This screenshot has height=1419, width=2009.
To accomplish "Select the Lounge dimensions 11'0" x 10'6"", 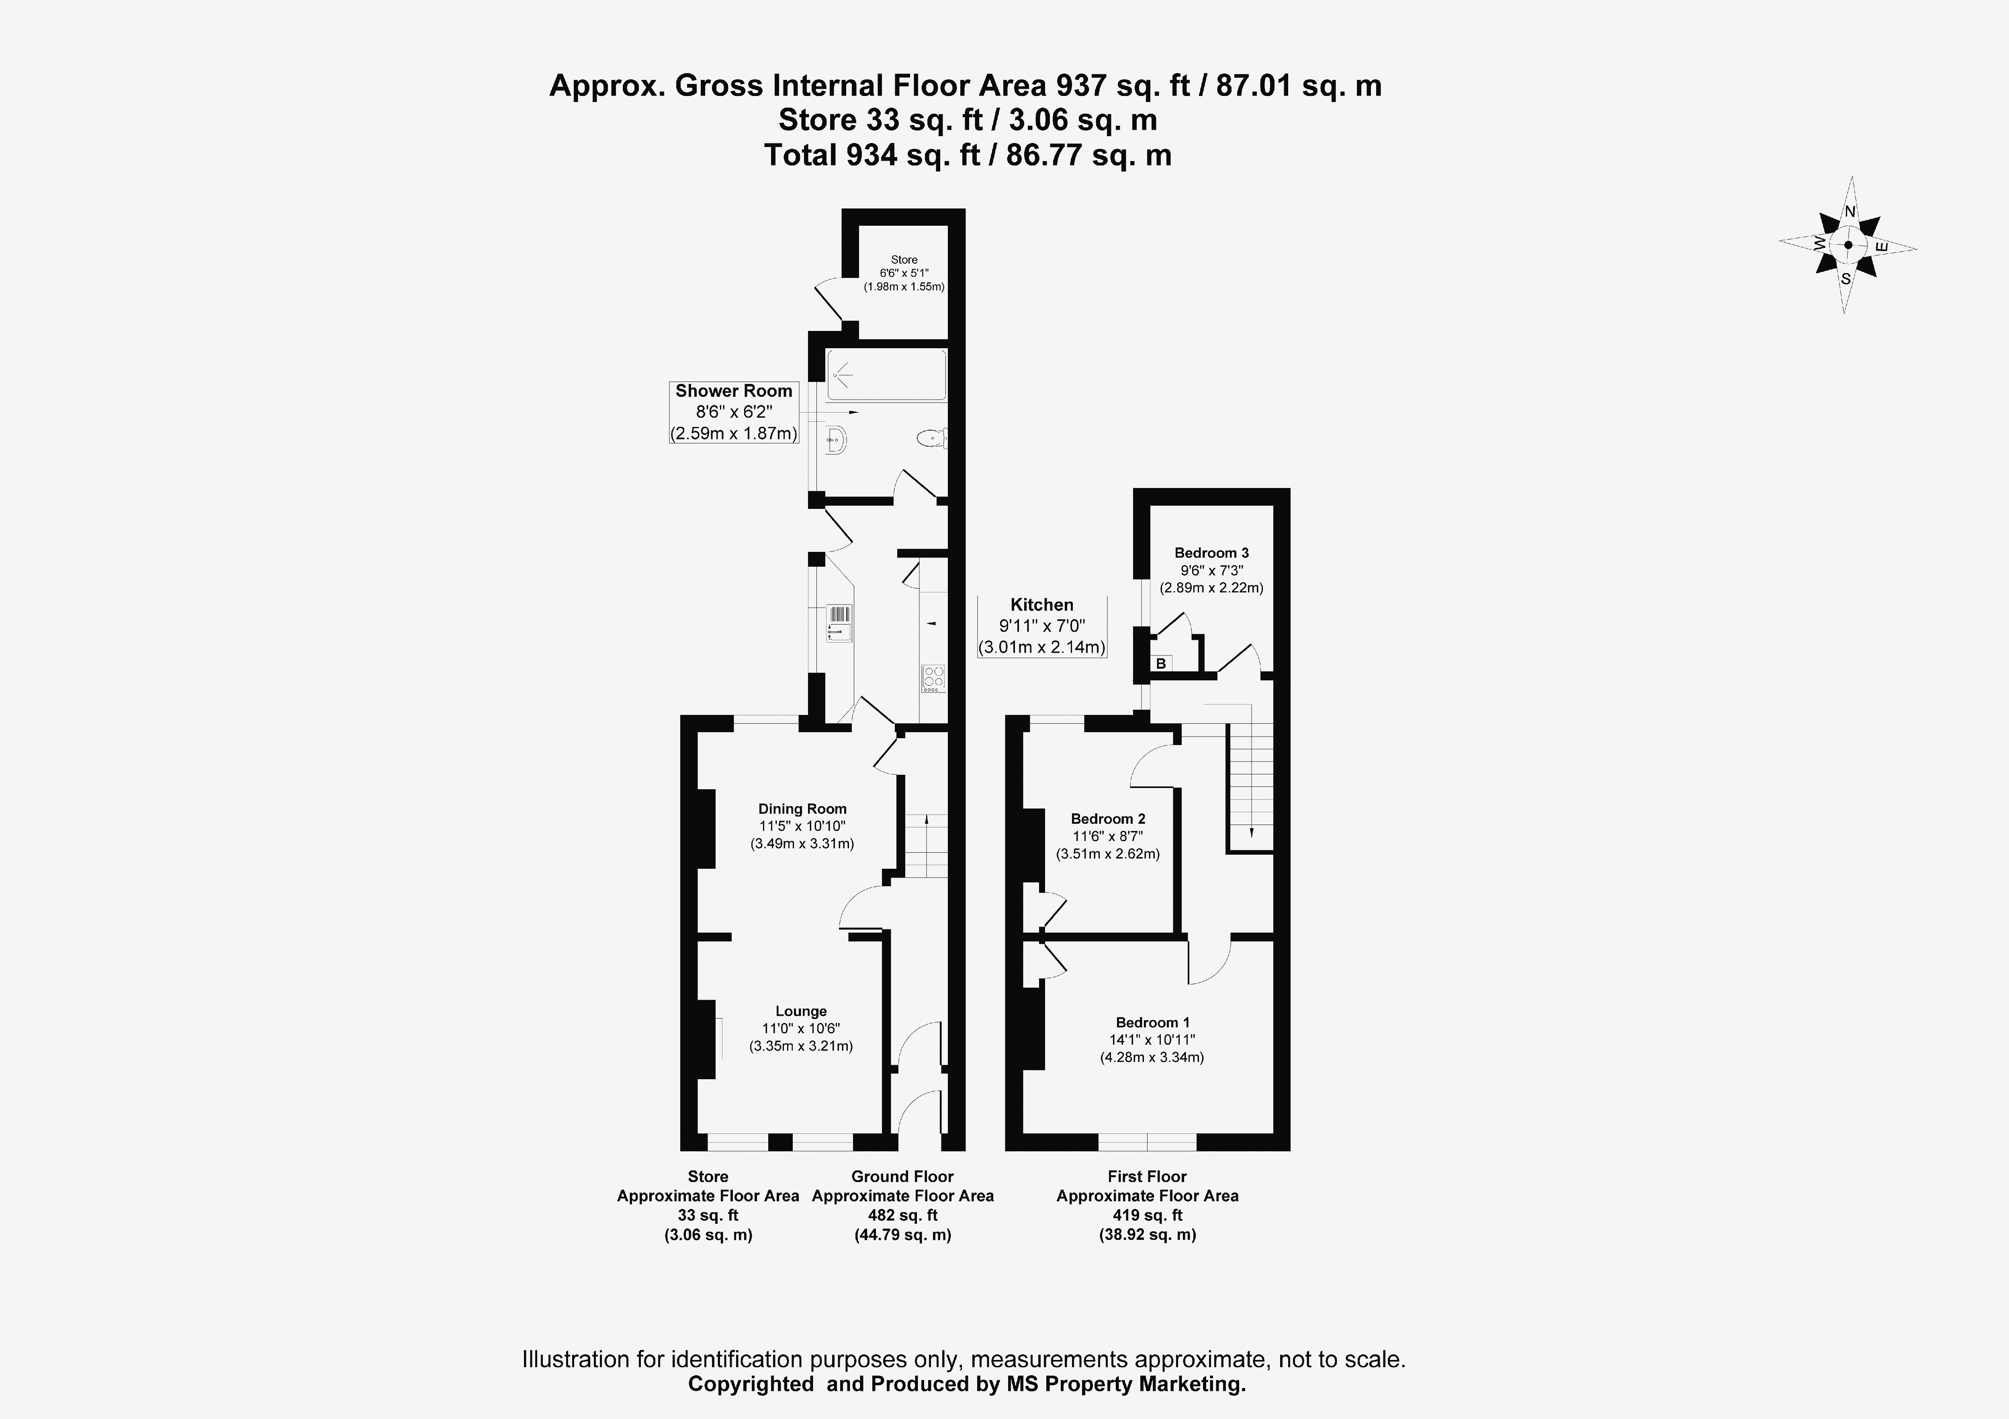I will (801, 1029).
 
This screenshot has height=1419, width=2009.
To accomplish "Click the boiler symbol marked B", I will (1161, 664).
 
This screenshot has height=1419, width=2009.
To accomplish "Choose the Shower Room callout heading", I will (733, 391).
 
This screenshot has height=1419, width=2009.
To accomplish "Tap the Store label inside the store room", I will (904, 260).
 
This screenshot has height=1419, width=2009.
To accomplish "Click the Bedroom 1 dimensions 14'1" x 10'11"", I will (1152, 1040).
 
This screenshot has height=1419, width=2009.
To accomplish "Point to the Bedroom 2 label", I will (1108, 819).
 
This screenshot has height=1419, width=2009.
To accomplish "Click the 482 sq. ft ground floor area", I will (902, 1215).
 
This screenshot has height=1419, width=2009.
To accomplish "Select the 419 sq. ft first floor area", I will (1147, 1215).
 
